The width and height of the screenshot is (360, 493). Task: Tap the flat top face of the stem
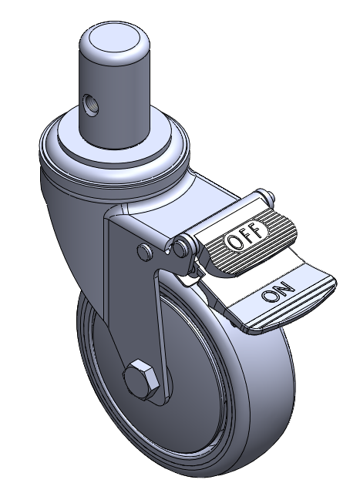point(115,38)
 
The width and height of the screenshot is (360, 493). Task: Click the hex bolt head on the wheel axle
point(140,378)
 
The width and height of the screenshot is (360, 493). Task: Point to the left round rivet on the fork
point(145,252)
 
